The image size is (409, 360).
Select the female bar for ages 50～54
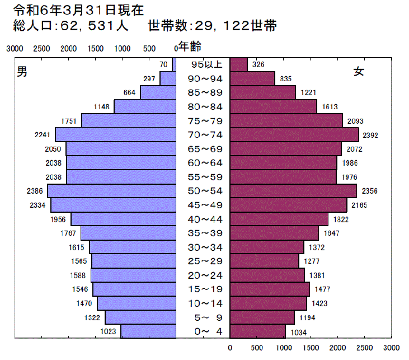(294, 191)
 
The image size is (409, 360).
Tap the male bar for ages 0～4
(148, 331)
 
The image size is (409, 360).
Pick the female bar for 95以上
(239, 64)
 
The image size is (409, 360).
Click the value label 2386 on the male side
(34, 191)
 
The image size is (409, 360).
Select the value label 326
(258, 65)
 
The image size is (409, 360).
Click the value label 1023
(108, 331)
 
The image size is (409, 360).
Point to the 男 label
(22, 71)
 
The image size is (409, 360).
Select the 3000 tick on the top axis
(15, 49)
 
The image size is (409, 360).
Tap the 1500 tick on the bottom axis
(311, 348)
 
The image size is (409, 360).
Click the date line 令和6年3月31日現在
(73, 10)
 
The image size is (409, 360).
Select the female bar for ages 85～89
(263, 92)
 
